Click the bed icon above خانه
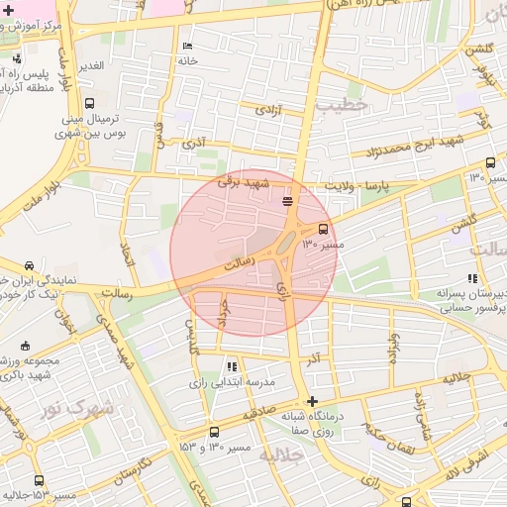pyautogui.click(x=188, y=47)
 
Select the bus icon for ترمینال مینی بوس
pyautogui.click(x=90, y=103)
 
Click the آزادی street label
pyautogui.click(x=267, y=110)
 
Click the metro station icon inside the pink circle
pyautogui.click(x=287, y=202)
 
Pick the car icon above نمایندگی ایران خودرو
pyautogui.click(x=30, y=265)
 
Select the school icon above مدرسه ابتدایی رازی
pyautogui.click(x=233, y=366)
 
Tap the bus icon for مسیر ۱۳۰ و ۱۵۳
pyautogui.click(x=215, y=433)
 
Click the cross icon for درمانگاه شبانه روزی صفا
pyautogui.click(x=313, y=401)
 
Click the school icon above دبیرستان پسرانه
pyautogui.click(x=471, y=278)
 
